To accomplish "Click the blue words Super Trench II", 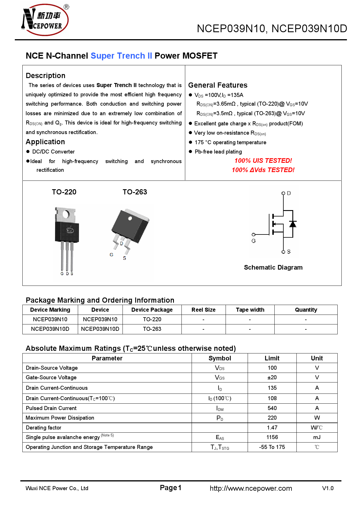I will [x=121, y=56].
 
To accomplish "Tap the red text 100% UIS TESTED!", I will [x=263, y=161].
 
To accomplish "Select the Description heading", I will [x=46, y=76].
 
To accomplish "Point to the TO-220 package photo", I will [x=67, y=238].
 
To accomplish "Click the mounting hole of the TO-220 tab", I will [x=66, y=215].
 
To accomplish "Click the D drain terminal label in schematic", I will [x=289, y=193].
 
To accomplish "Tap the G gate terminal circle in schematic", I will [x=253, y=234].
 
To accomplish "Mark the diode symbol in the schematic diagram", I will [x=293, y=224].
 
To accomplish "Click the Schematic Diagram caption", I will [x=273, y=268].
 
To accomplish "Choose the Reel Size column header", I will [x=203, y=310].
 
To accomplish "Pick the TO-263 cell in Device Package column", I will [x=152, y=329].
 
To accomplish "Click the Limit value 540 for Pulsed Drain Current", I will [x=272, y=408].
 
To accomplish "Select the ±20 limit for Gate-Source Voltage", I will [x=272, y=378].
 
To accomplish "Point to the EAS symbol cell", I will [x=220, y=438].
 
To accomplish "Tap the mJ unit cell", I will [x=317, y=437].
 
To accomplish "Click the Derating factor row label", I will [x=44, y=428].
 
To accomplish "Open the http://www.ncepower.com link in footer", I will [x=251, y=488].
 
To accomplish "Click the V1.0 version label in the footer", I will [x=328, y=488].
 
